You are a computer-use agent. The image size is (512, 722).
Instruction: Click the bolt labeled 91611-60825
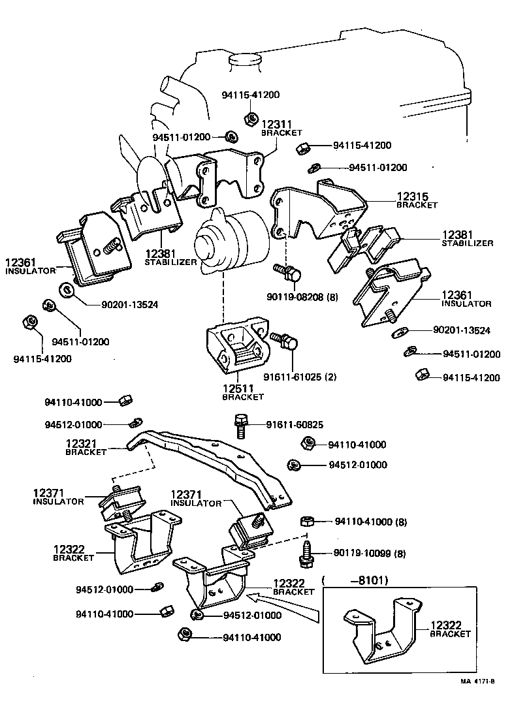(239, 425)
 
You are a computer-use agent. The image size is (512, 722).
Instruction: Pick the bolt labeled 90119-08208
(287, 274)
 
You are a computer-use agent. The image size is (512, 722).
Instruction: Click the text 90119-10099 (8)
(369, 554)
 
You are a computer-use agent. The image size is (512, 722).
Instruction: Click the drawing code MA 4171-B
(477, 682)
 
